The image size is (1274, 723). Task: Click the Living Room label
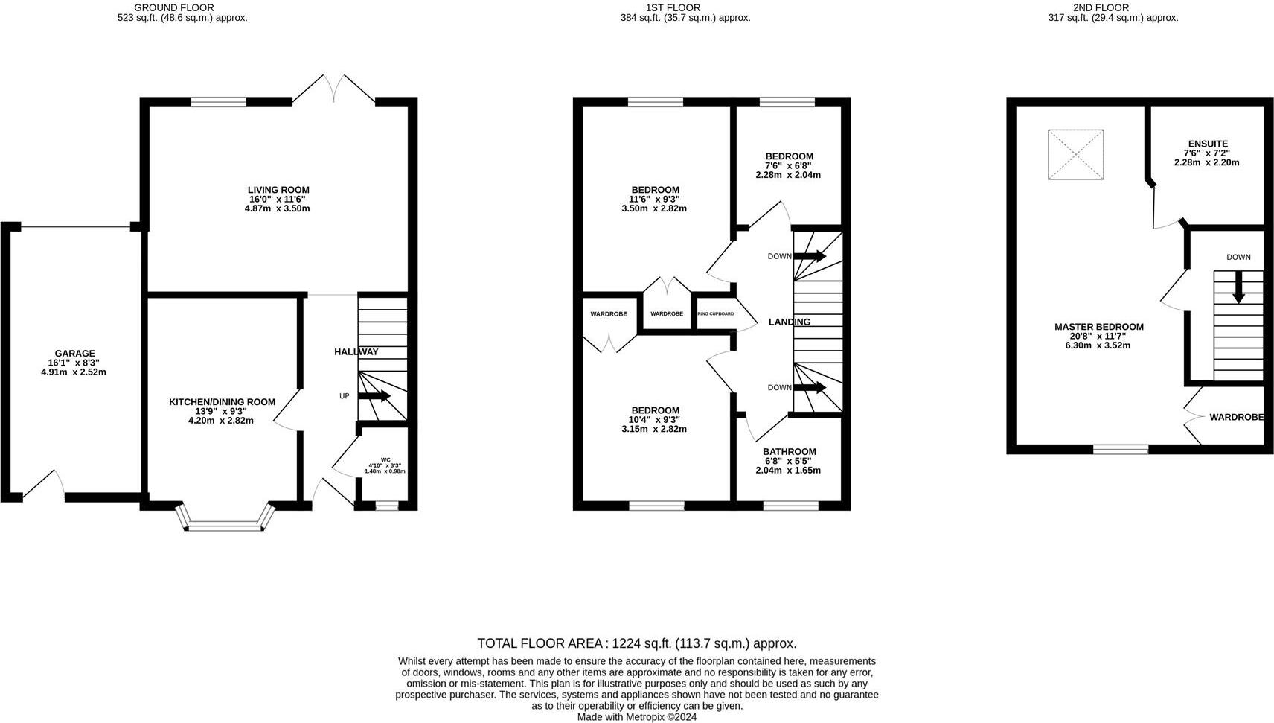(278, 191)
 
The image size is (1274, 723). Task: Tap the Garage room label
(74, 354)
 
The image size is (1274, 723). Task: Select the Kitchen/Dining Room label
(222, 402)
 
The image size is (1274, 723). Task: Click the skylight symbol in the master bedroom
(1075, 155)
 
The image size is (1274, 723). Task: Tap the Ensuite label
(1207, 144)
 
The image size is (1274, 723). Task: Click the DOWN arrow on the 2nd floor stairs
(1238, 287)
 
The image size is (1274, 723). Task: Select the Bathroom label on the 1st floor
(789, 452)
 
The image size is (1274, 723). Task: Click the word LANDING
(789, 322)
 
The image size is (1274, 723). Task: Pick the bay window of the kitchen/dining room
(225, 521)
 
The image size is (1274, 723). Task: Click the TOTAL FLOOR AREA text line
(636, 643)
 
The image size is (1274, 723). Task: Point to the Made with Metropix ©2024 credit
(636, 717)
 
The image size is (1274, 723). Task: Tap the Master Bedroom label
(1098, 327)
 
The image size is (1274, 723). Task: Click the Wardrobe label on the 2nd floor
(1235, 418)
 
